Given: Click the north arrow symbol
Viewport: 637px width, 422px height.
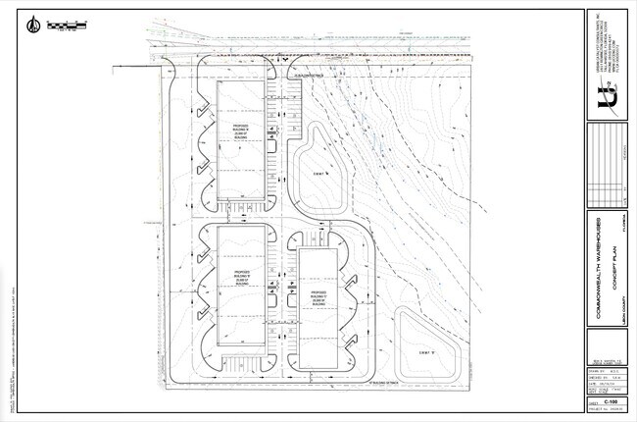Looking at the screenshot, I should click(35, 25).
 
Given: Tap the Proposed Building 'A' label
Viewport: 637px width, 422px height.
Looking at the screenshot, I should click(242, 132).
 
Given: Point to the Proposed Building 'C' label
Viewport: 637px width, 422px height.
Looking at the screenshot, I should click(318, 297).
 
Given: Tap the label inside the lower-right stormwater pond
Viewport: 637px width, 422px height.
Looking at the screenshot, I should click(425, 350).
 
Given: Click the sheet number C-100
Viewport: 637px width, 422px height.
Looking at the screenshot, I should click(610, 401).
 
